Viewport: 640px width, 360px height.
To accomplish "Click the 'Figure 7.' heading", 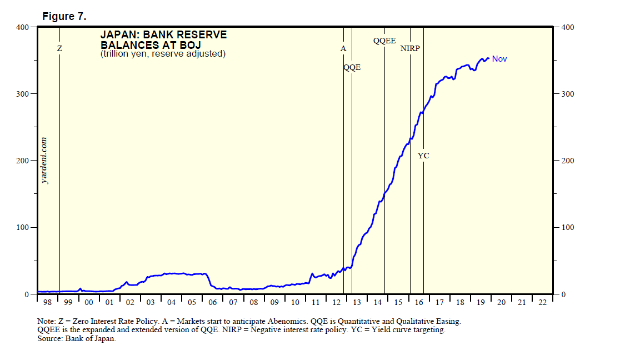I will [x=64, y=17].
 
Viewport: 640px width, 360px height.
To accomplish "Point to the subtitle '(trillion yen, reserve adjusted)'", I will [x=163, y=54].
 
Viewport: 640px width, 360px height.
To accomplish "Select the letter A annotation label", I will [x=343, y=49].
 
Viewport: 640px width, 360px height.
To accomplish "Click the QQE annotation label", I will [x=352, y=68].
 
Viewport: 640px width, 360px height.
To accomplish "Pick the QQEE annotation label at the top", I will [x=384, y=41].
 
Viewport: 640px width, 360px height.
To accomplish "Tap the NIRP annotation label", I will [x=410, y=49].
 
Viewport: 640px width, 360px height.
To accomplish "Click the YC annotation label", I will [x=423, y=156].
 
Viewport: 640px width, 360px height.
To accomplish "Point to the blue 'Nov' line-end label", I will [x=499, y=59].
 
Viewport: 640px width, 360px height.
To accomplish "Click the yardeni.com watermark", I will [x=45, y=161].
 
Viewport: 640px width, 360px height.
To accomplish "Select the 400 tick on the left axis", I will [x=22, y=27].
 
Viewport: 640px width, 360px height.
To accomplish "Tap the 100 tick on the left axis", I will [x=22, y=228].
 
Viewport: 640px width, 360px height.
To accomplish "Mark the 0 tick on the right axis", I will [x=563, y=294].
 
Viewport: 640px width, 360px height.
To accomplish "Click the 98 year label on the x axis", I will [x=47, y=302].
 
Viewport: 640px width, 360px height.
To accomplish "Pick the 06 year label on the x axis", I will [x=212, y=302].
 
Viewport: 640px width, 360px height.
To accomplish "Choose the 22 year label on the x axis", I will [x=542, y=302].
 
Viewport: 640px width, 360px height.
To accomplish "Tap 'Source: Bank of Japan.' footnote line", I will [x=77, y=339].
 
